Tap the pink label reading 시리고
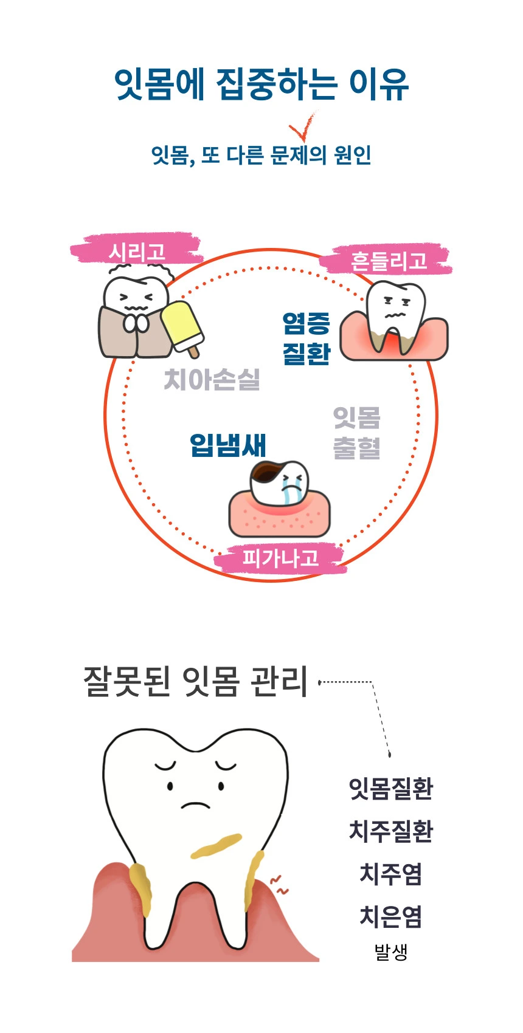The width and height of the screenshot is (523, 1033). tap(137, 249)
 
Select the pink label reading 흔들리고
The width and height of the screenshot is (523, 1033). tap(388, 259)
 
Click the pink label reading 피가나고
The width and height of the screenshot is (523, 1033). tap(280, 558)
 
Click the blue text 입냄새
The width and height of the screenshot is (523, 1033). tap(228, 445)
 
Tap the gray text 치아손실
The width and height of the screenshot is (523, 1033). tap(212, 380)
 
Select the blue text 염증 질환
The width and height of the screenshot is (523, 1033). tap(307, 338)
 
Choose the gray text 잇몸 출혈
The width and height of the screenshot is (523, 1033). tap(357, 433)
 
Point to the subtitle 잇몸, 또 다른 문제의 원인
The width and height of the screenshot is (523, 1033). tap(261, 155)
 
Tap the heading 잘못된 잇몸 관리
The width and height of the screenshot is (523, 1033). tap(196, 681)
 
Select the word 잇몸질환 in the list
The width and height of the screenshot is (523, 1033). tap(391, 788)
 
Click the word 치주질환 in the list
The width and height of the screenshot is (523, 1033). tap(391, 831)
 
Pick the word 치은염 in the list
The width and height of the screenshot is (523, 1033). tap(391, 916)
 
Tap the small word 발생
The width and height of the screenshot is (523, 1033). tap(391, 951)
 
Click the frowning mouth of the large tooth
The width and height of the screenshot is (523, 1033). tap(195, 805)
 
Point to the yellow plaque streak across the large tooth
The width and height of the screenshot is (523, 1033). tap(216, 846)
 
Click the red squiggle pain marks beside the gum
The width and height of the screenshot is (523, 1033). tap(279, 885)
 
